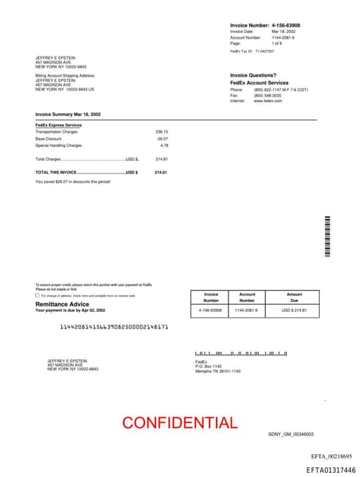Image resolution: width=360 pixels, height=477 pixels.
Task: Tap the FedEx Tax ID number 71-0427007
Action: (x=264, y=51)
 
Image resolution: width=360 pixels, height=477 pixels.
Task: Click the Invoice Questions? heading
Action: (x=253, y=75)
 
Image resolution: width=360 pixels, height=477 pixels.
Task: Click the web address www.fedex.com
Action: (x=268, y=101)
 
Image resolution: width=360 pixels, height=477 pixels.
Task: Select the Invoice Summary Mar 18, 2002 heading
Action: (x=68, y=114)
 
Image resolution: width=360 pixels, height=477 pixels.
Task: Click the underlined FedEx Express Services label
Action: (x=58, y=125)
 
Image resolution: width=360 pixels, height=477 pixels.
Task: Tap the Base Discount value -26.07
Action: (x=162, y=139)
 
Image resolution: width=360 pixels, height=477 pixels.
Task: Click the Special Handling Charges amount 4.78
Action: (x=165, y=146)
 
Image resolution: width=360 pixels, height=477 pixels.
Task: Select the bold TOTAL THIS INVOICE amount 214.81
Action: (x=162, y=172)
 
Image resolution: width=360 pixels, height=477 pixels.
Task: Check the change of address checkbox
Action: (x=37, y=295)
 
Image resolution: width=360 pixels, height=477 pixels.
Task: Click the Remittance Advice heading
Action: (x=63, y=304)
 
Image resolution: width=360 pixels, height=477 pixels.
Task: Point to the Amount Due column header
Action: (x=294, y=298)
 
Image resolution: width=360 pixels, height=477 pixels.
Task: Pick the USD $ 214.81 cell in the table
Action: (x=295, y=310)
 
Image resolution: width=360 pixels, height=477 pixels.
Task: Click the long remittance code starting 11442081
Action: (x=114, y=326)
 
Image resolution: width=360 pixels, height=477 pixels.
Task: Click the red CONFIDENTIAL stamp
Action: (x=180, y=423)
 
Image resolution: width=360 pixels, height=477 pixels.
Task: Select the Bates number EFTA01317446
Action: (x=330, y=470)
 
